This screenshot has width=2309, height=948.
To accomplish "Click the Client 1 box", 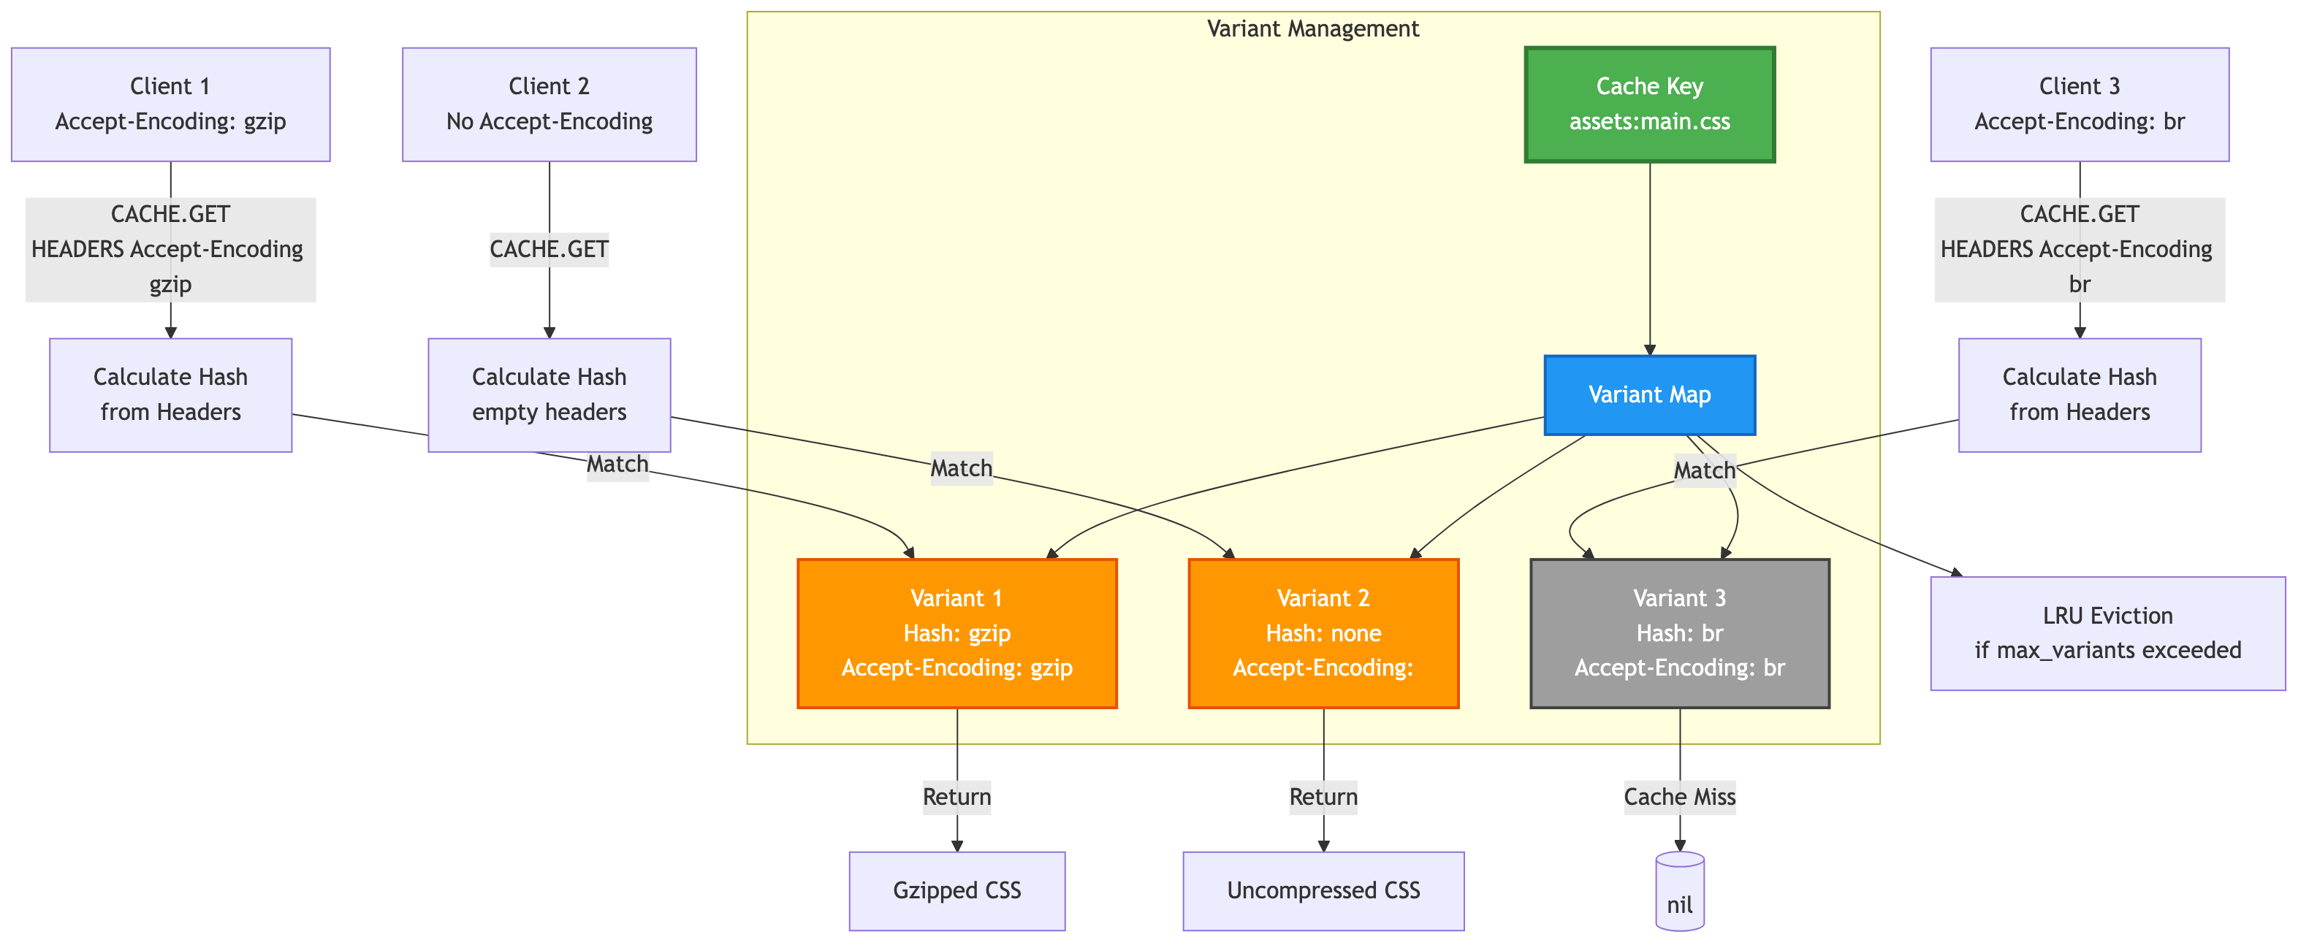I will pos(170,104).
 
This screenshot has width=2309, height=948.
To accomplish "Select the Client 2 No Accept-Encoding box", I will pos(549,104).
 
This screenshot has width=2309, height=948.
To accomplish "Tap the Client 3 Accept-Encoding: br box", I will pos(2079,104).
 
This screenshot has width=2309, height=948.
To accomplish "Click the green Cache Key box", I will pos(1649,104).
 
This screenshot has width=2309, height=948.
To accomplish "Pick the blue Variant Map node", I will pos(1649,395).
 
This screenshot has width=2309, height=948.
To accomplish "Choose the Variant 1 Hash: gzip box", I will pos(956,632).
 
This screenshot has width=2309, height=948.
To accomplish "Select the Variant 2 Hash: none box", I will pos(1323,632).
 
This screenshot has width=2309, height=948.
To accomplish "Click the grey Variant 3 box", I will pos(1679,632).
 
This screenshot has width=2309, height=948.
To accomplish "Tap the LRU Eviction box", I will pos(2107,632).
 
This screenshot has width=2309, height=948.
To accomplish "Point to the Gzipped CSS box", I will pos(956,890).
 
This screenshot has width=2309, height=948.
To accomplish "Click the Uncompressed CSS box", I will pos(1323,890).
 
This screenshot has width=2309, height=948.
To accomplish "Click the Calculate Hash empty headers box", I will pos(549,394).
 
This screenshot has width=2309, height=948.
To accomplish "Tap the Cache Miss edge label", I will pos(1679,797).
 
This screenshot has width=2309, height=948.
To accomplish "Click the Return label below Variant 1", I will pos(956,797).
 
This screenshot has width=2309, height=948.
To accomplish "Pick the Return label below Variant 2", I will pos(1323,797).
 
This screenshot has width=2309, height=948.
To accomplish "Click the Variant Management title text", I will pos(1312,28).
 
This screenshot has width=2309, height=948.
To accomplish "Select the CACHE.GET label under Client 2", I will pos(549,248).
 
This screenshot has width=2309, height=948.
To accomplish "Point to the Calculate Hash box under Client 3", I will pos(2079,394).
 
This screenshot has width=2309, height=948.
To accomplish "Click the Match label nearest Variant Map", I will pos(1704,470).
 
